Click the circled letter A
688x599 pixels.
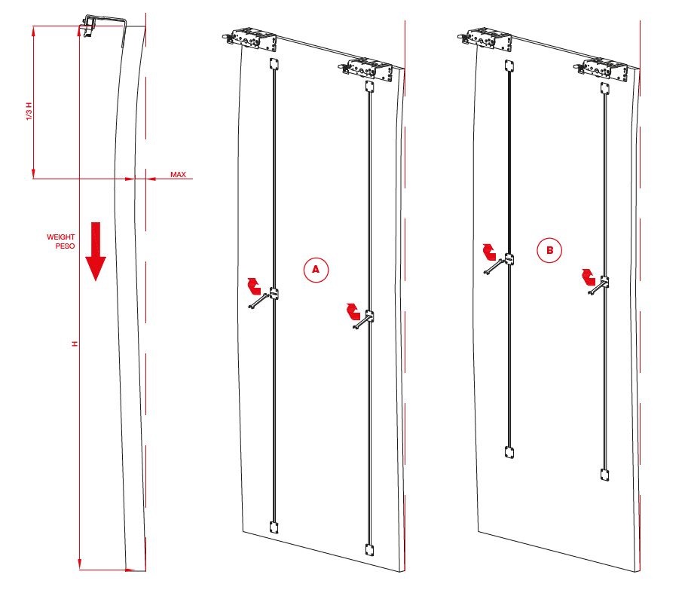tap(316, 270)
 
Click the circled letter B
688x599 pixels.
tap(549, 250)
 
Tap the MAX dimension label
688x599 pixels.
tap(178, 175)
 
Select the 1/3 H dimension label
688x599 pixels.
tap(29, 112)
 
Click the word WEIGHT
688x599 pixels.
tap(61, 237)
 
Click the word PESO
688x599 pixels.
tap(65, 246)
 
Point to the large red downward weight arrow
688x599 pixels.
tap(96, 251)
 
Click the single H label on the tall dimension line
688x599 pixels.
tap(75, 343)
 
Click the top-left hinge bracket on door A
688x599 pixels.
tap(250, 38)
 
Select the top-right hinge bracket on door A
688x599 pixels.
tap(366, 69)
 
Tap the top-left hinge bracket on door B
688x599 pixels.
tap(485, 38)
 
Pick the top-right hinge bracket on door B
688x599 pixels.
tap(601, 69)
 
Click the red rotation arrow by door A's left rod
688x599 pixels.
tap(254, 286)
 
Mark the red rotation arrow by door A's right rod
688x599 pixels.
tap(353, 311)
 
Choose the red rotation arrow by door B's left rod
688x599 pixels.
tap(489, 252)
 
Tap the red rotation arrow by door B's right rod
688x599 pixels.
tap(588, 277)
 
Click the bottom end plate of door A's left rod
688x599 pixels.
tap(274, 527)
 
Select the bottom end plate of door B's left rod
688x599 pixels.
tap(509, 452)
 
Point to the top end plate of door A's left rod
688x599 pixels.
tap(274, 64)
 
